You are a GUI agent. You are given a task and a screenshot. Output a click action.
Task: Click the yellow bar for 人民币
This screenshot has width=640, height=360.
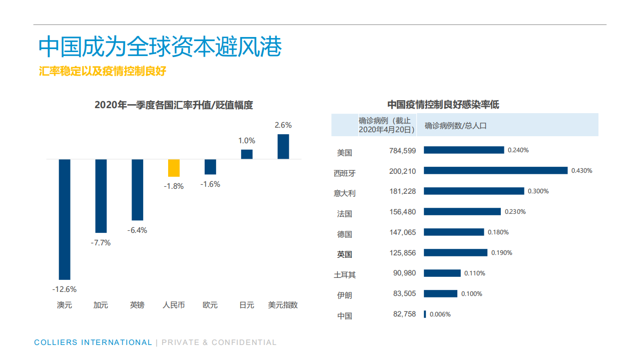pyautogui.click(x=174, y=168)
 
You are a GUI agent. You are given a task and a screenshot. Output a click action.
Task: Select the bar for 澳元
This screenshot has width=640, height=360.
pyautogui.click(x=65, y=219)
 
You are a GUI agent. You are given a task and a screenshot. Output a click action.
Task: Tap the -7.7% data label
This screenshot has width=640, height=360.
pyautogui.click(x=101, y=243)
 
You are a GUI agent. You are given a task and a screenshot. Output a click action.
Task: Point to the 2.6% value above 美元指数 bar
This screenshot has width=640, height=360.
pyautogui.click(x=283, y=125)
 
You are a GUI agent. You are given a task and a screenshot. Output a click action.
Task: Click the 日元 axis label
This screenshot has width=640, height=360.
pyautogui.click(x=247, y=305)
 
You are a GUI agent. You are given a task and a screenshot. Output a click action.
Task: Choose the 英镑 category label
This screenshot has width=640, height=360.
pyautogui.click(x=137, y=305)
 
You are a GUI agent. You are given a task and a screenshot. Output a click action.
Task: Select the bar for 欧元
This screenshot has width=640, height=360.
pyautogui.click(x=210, y=167)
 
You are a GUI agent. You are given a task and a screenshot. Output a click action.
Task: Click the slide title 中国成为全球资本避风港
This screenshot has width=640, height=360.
pyautogui.click(x=160, y=47)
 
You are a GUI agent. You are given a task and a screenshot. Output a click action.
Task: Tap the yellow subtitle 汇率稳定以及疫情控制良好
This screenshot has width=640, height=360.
pyautogui.click(x=103, y=71)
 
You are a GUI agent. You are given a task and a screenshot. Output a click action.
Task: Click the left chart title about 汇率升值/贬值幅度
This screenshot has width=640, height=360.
pyautogui.click(x=174, y=105)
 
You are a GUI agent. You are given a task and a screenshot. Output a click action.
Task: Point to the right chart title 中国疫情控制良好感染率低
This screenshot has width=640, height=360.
pyautogui.click(x=443, y=105)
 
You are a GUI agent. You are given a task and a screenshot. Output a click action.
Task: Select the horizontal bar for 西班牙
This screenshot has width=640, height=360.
pyautogui.click(x=495, y=170)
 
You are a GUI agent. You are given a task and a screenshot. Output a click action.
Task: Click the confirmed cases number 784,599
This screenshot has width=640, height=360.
pyautogui.click(x=402, y=150)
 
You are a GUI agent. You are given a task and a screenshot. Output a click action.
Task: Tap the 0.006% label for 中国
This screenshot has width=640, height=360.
pyautogui.click(x=440, y=314)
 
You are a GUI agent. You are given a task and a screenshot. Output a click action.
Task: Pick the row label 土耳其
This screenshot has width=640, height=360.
pyautogui.click(x=344, y=275)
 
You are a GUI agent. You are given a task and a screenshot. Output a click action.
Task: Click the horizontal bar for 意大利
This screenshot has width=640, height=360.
pyautogui.click(x=474, y=191)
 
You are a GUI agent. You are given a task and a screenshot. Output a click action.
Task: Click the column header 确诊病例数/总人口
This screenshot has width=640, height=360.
pyautogui.click(x=455, y=126)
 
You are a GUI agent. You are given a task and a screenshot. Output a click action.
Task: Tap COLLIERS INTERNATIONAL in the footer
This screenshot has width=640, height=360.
pyautogui.click(x=93, y=342)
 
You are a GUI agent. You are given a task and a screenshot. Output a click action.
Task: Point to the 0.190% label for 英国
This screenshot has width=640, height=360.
pyautogui.click(x=501, y=253)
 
